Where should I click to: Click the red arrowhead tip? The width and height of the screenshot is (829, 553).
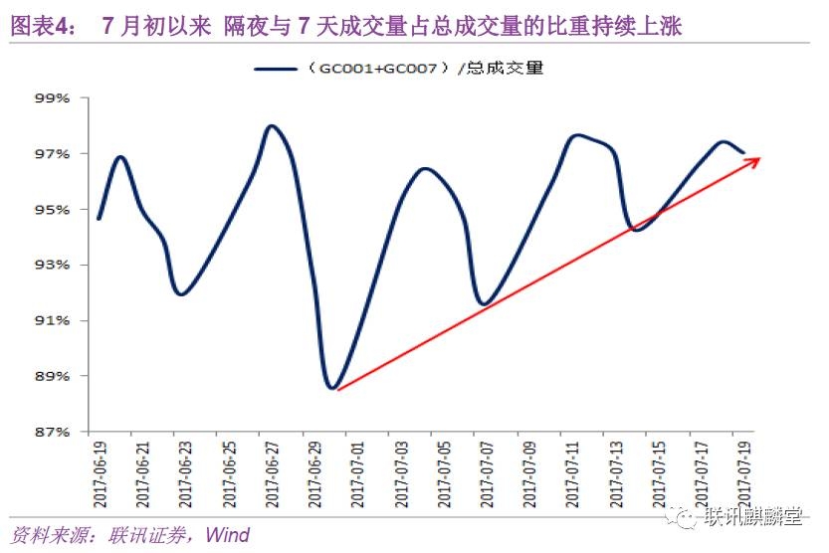tap(760, 157)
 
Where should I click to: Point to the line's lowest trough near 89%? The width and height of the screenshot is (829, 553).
tap(333, 388)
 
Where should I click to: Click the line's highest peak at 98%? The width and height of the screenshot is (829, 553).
tap(271, 126)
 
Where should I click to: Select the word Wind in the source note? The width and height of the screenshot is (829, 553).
tap(228, 535)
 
